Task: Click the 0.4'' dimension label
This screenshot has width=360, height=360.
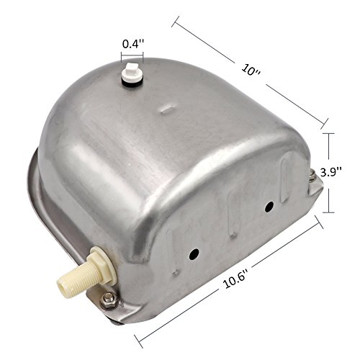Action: (133, 44)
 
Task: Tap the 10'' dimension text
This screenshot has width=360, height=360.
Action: (251, 70)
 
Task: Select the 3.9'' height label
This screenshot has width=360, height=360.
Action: (331, 172)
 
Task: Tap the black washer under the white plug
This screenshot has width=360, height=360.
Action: (132, 81)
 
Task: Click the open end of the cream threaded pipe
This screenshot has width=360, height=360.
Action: (62, 285)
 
